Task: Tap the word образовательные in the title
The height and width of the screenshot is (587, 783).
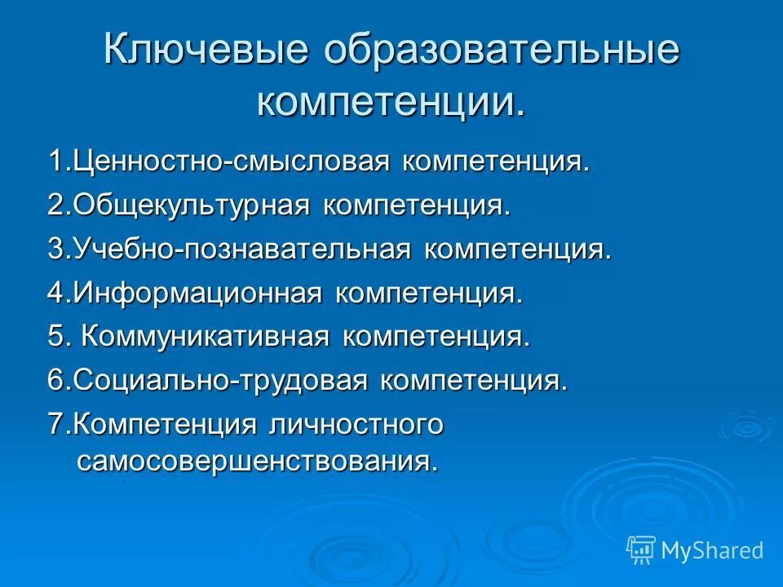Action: coord(502,51)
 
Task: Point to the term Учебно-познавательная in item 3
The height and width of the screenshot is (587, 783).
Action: coord(241,249)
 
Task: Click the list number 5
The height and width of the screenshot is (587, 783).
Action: coord(55,337)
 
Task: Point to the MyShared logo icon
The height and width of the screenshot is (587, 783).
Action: coord(640,550)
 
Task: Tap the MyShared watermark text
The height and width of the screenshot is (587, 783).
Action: coord(712,551)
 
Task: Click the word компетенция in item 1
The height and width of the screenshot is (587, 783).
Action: coord(494,161)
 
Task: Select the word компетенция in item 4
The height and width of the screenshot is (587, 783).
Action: coord(427,293)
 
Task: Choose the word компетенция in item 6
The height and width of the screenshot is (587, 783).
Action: coord(473,381)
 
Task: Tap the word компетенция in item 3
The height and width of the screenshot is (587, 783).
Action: coord(516,249)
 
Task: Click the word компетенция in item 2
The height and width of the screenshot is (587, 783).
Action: coord(416,205)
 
